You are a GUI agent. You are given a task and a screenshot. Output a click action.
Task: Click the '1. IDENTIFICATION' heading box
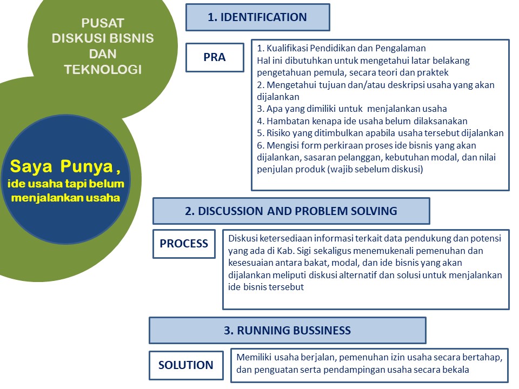(x=257, y=17)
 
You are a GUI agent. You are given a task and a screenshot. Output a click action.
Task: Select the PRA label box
(x=215, y=57)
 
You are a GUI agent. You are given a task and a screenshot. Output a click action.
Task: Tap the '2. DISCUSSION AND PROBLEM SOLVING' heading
(x=291, y=211)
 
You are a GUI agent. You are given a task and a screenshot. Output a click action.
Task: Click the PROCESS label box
(x=184, y=244)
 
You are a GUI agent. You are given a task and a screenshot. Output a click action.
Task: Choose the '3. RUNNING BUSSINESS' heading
(x=287, y=331)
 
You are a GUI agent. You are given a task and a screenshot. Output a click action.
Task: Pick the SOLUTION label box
(x=186, y=365)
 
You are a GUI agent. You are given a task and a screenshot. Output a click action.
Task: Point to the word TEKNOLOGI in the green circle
(x=103, y=70)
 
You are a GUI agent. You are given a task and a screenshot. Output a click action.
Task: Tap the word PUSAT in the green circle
(x=103, y=23)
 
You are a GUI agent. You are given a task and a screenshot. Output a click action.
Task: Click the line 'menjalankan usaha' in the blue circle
(x=65, y=198)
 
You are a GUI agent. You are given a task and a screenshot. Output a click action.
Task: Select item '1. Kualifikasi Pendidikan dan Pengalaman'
(x=342, y=48)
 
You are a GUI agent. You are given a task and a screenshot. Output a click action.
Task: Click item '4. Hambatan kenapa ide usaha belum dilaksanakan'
(x=362, y=121)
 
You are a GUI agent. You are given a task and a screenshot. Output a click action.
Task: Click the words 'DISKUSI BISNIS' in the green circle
(x=103, y=39)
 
